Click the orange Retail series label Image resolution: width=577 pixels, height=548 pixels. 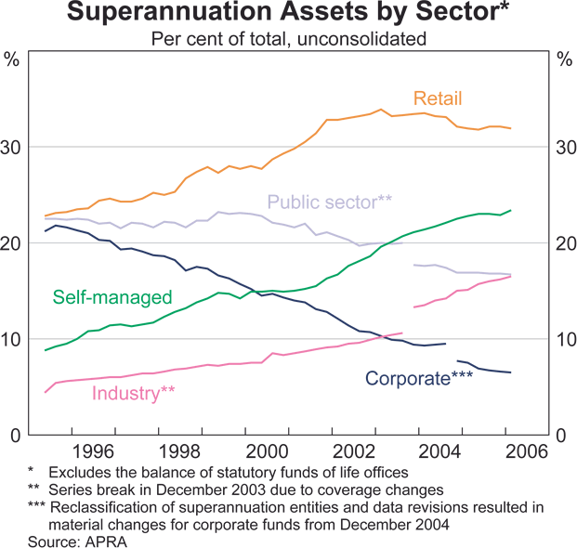click(438, 98)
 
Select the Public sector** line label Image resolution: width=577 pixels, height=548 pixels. click(329, 202)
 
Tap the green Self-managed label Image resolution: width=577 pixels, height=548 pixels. click(112, 297)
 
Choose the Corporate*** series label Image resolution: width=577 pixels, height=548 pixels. click(419, 378)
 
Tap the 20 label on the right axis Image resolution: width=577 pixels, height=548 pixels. click(566, 243)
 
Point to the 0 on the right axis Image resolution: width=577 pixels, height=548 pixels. click(561, 435)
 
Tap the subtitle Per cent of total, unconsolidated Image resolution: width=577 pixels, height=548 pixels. click(289, 39)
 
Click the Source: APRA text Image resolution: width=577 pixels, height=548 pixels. click(77, 540)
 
